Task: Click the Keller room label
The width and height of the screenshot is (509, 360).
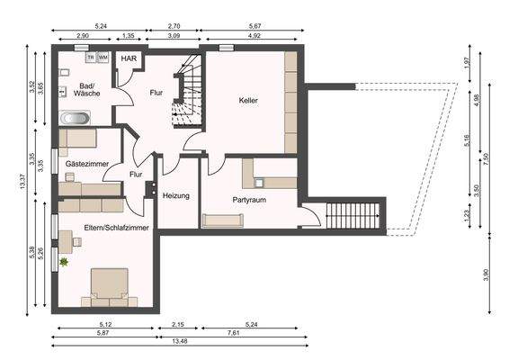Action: (248, 101)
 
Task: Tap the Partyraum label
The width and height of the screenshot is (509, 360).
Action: (247, 200)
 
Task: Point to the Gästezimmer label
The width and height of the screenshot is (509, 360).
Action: (87, 165)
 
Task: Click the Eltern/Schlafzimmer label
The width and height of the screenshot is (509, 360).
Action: (117, 229)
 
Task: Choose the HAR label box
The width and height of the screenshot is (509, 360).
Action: (129, 59)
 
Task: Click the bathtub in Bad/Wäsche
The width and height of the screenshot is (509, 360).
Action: (74, 118)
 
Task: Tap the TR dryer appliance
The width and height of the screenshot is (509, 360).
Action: (91, 57)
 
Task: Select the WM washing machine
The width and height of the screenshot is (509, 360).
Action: (103, 57)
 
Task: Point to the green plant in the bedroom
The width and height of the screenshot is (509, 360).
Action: (64, 262)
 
